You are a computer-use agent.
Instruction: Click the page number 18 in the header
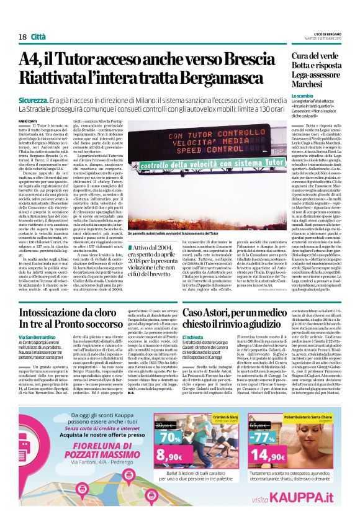22,38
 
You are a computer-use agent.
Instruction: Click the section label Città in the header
38,38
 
